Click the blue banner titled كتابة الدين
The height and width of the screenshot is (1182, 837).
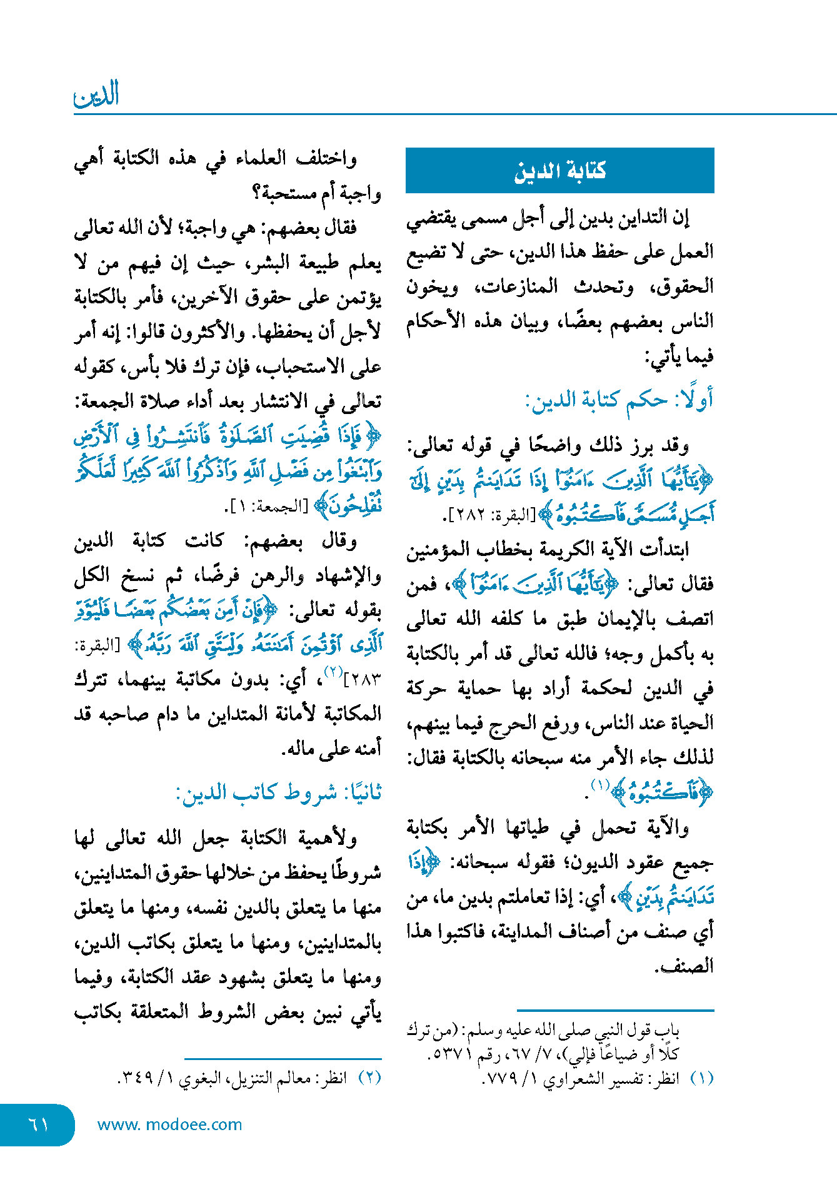pos(559,170)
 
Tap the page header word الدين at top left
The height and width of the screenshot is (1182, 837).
pos(96,95)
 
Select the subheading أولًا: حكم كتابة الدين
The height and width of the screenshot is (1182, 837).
pos(619,400)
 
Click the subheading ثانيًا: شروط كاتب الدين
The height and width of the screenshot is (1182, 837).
pos(279,793)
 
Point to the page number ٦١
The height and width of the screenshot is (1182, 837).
pos(38,1124)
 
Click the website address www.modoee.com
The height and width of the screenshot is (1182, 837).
pos(169,1124)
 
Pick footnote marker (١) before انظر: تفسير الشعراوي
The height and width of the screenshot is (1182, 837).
pos(701,1078)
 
